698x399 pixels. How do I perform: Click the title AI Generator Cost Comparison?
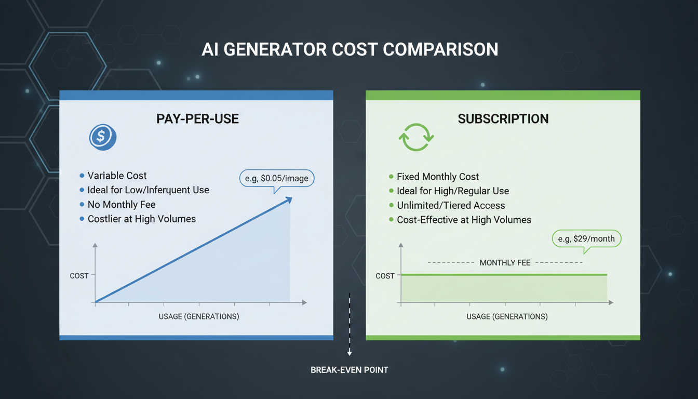pyautogui.click(x=350, y=49)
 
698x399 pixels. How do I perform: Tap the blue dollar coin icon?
pyautogui.click(x=102, y=137)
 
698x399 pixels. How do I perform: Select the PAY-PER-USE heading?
pyautogui.click(x=197, y=119)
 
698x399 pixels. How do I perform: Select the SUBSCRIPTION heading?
pyautogui.click(x=503, y=119)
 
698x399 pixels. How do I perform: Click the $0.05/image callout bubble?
pyautogui.click(x=277, y=179)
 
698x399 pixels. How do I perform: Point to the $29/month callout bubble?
pyautogui.click(x=586, y=239)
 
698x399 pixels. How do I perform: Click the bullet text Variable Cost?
pyautogui.click(x=117, y=176)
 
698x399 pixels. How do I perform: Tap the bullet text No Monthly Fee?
pyautogui.click(x=122, y=205)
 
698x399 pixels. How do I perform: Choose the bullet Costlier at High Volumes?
pyautogui.click(x=142, y=219)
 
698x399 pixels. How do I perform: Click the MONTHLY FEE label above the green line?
pyautogui.click(x=505, y=263)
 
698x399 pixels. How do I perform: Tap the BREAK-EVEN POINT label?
pyautogui.click(x=350, y=370)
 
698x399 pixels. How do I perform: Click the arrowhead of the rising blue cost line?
pyautogui.click(x=289, y=199)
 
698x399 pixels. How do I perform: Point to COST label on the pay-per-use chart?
pyautogui.click(x=79, y=276)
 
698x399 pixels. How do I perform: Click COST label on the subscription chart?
pyautogui.click(x=385, y=276)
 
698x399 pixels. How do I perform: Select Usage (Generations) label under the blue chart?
pyautogui.click(x=199, y=317)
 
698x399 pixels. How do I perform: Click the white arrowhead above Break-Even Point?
pyautogui.click(x=350, y=353)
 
